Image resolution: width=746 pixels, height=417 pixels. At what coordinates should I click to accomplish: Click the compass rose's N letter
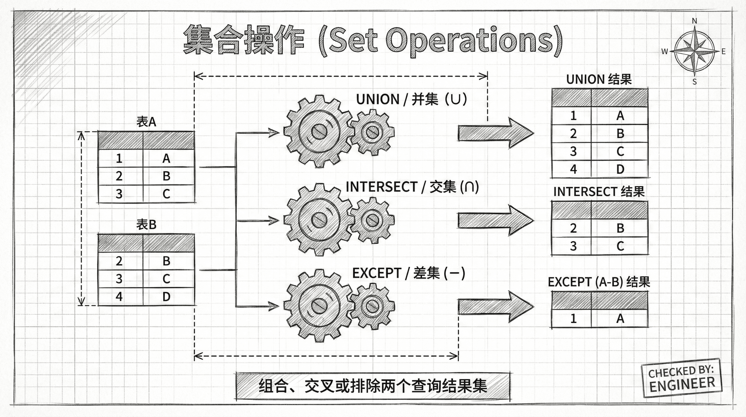coord(695,21)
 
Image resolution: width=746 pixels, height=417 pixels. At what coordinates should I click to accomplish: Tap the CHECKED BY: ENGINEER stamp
coord(681,378)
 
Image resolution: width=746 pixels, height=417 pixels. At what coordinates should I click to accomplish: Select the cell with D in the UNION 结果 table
coord(620,169)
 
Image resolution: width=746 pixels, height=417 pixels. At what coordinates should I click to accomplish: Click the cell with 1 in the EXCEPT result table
coord(573,319)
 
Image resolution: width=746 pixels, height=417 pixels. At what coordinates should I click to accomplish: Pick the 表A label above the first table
coord(146,122)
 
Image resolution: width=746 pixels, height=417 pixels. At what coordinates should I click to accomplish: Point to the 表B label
coord(146,224)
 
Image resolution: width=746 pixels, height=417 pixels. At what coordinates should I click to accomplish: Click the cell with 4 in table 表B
coord(119,297)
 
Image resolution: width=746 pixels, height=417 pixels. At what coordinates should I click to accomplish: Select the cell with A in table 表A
coord(166,158)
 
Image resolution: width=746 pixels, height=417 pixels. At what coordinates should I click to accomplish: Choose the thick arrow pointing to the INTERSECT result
coord(495,220)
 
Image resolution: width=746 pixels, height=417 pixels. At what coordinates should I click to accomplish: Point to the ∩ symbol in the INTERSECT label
coord(469,187)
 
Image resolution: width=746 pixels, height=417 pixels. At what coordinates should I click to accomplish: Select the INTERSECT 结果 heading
coord(599,192)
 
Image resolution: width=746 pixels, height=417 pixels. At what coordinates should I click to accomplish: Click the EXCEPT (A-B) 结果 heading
coord(599,282)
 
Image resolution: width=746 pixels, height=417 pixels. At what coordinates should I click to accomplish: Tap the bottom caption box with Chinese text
coord(373,386)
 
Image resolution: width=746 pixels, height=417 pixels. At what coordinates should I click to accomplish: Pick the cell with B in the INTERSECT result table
coord(620,228)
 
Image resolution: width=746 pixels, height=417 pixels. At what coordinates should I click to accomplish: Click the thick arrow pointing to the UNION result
coord(495,133)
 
